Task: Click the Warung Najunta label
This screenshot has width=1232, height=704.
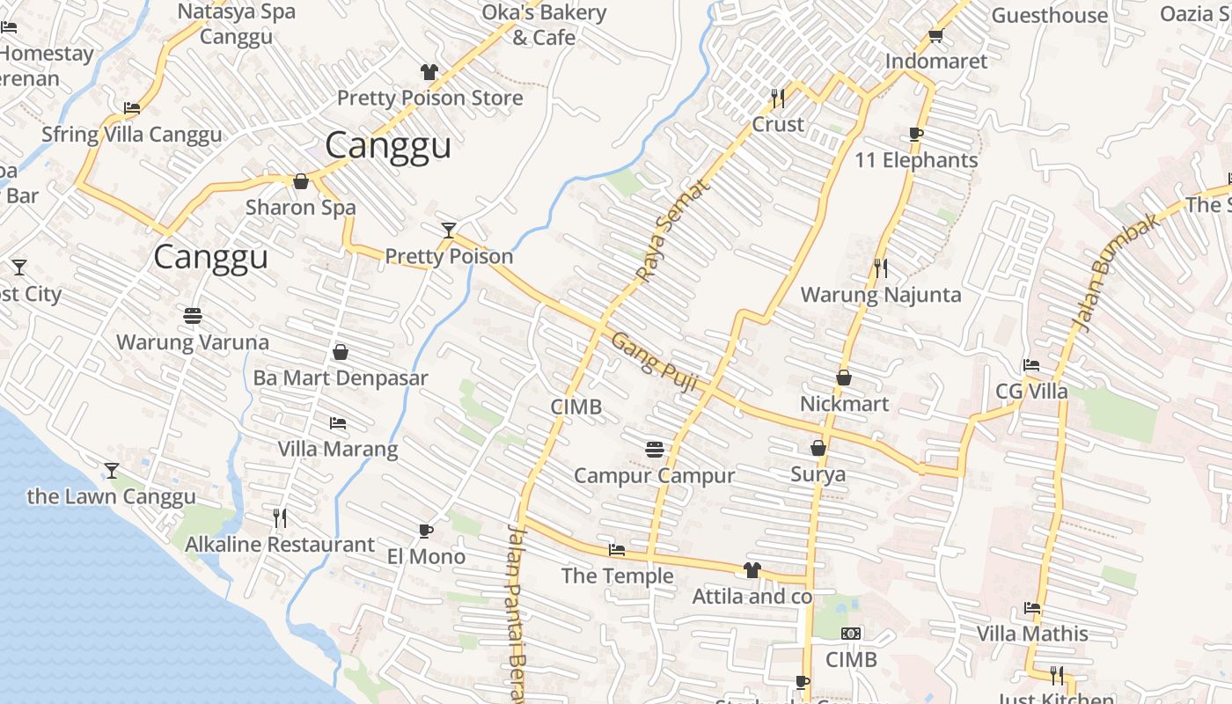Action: click(x=880, y=294)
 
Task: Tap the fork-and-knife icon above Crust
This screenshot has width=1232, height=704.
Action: click(x=778, y=97)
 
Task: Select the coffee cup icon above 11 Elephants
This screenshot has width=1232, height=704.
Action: click(x=916, y=134)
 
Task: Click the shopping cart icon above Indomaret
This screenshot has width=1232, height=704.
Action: click(x=935, y=36)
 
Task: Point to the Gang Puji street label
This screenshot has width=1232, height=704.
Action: click(x=654, y=362)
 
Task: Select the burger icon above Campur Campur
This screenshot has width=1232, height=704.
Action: click(x=654, y=450)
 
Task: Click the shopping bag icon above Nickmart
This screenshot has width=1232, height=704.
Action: click(x=844, y=378)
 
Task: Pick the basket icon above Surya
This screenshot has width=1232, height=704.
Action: click(x=818, y=448)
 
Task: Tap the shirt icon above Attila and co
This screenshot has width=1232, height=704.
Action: click(x=752, y=570)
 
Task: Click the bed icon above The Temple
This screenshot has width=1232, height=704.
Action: click(x=617, y=550)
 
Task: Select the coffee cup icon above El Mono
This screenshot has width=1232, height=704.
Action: click(x=426, y=531)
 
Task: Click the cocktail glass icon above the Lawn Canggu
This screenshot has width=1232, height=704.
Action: click(x=112, y=471)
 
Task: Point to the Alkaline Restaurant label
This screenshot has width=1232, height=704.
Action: click(x=280, y=545)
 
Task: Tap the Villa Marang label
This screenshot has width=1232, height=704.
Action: click(x=338, y=449)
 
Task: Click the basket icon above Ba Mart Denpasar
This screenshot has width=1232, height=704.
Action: click(x=341, y=352)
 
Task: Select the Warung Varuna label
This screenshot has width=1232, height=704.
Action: click(x=193, y=341)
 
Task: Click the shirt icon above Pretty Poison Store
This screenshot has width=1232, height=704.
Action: click(x=429, y=72)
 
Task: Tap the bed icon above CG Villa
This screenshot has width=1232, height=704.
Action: click(x=1031, y=365)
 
